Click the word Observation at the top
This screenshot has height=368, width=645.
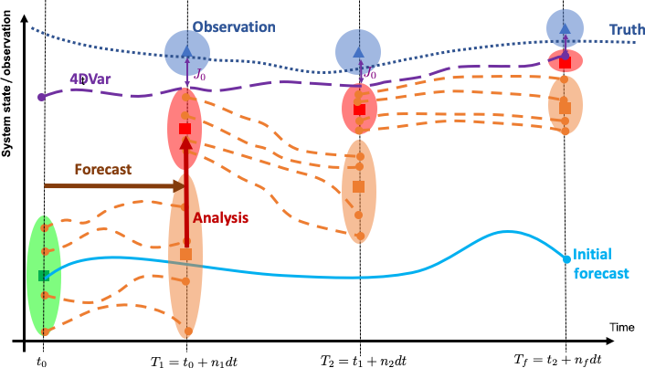click(x=234, y=27)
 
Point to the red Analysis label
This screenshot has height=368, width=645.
click(x=223, y=219)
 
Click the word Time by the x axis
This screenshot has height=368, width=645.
click(x=624, y=325)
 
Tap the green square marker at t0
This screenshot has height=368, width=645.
click(x=44, y=275)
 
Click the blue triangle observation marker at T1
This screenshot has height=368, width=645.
click(x=186, y=52)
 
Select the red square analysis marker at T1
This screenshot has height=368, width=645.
click(x=185, y=130)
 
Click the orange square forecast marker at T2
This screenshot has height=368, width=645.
click(x=359, y=186)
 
